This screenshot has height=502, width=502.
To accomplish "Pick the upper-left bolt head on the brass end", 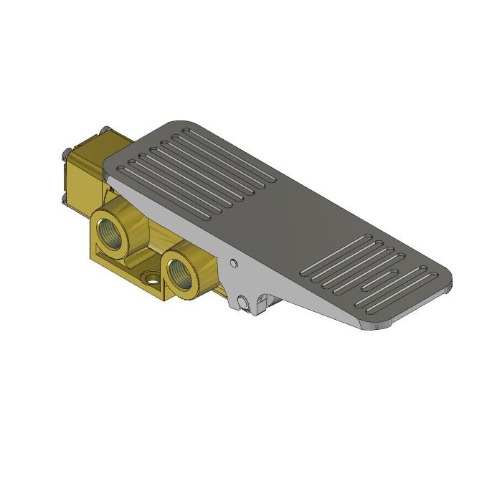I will [66, 153].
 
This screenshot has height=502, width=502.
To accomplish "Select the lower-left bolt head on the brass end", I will [65, 194].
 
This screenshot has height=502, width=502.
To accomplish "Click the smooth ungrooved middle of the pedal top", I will [301, 222].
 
